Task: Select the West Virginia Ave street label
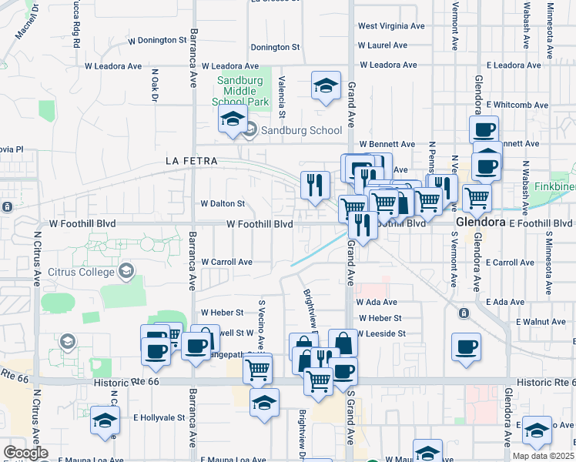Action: point(391,26)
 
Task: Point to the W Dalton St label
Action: point(223,204)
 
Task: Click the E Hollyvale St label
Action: point(159,417)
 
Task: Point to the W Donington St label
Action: point(158,39)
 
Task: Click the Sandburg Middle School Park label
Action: point(242,91)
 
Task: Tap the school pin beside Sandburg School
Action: point(231,120)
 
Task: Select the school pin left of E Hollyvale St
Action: point(105,419)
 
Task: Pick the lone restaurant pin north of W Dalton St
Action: point(315,184)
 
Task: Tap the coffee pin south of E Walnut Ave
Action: point(466,346)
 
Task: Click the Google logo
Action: point(25,453)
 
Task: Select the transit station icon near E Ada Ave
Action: point(464,313)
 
